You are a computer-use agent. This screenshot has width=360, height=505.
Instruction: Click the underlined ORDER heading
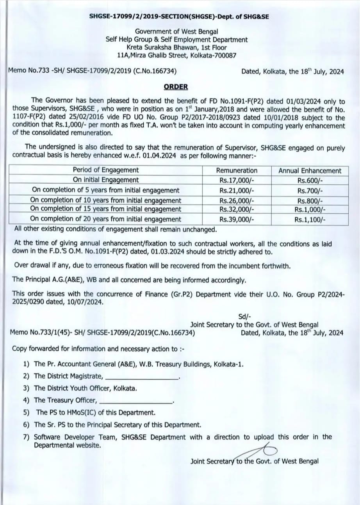[x=176, y=87]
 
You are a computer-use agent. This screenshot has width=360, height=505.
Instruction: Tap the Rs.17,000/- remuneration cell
[x=237, y=180]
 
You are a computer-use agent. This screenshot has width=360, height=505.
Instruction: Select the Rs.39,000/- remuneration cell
[x=237, y=219]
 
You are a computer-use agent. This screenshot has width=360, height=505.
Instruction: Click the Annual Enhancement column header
[x=310, y=171]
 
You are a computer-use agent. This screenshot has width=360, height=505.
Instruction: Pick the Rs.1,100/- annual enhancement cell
[x=310, y=219]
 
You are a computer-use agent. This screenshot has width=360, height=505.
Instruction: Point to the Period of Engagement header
[x=105, y=170]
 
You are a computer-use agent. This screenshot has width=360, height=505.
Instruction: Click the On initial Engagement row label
[x=105, y=180]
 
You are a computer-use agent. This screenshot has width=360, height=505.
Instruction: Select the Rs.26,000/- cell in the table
[x=237, y=200]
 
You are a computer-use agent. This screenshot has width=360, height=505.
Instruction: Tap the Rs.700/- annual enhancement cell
[x=310, y=191]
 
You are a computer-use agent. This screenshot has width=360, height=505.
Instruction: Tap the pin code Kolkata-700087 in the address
[x=213, y=55]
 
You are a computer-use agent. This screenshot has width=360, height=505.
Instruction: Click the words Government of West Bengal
[x=176, y=32]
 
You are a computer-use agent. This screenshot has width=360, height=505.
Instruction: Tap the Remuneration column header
[x=237, y=171]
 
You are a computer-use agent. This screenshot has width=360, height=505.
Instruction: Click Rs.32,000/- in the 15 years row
[x=237, y=209]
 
